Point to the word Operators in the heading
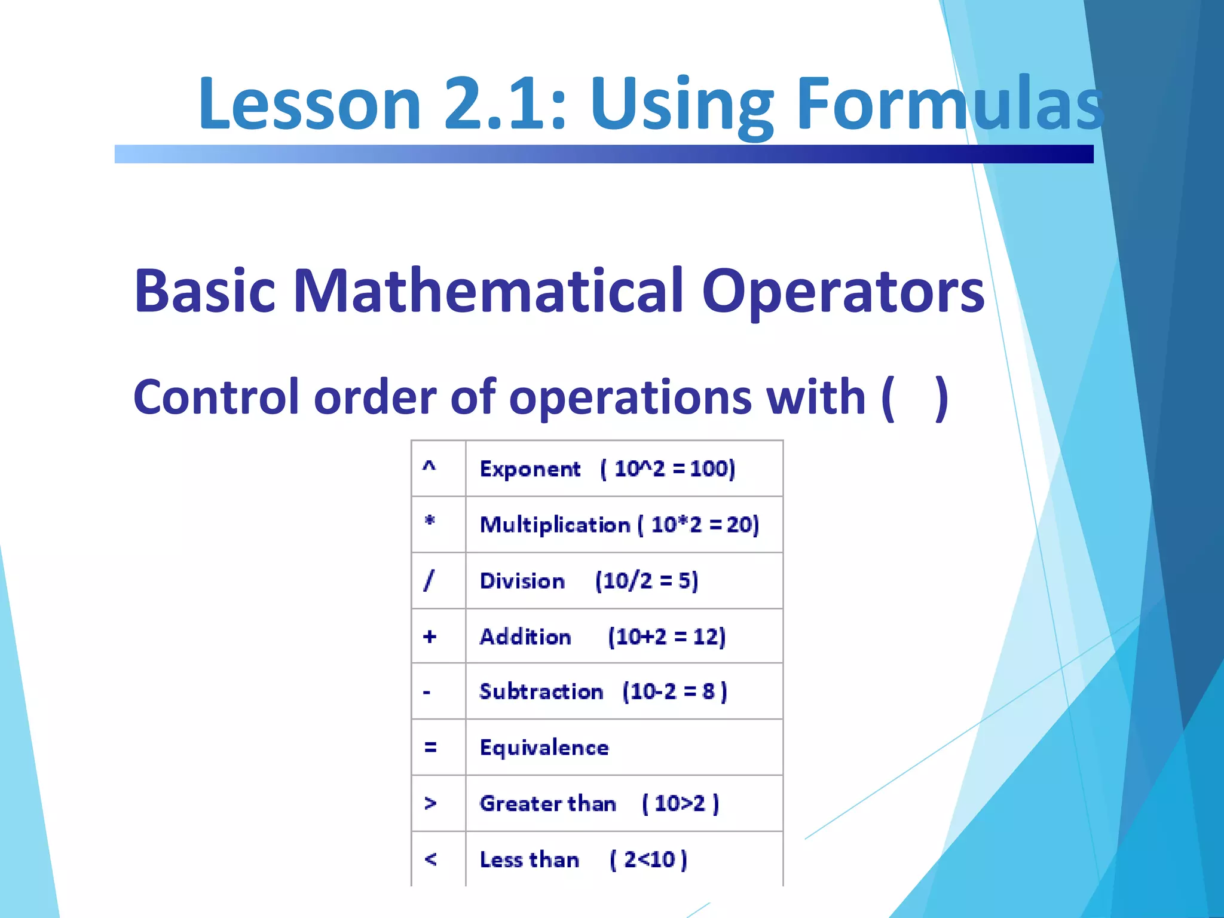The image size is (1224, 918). (843, 291)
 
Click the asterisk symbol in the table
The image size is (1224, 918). (429, 521)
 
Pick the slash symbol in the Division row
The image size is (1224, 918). (429, 580)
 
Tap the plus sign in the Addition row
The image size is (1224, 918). (429, 637)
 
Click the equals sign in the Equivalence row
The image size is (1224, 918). (430, 747)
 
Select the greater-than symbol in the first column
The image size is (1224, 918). (430, 803)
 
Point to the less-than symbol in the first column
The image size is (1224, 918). (430, 859)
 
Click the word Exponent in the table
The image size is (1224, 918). (530, 469)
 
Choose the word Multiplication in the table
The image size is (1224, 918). (555, 525)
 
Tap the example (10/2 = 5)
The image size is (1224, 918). (647, 581)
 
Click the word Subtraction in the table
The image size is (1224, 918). (541, 691)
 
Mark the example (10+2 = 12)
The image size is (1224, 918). (666, 637)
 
